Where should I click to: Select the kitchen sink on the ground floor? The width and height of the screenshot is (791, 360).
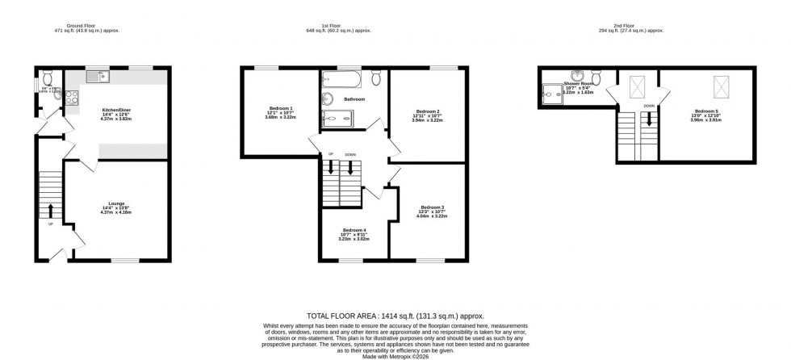coord(104,77)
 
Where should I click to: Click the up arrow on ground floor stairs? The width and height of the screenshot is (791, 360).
coord(52,211)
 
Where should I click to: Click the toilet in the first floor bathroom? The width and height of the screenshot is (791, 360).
coord(377,77)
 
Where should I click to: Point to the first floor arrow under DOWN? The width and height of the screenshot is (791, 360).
coord(350,169)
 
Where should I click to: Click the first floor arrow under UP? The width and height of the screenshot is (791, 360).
coord(330,169)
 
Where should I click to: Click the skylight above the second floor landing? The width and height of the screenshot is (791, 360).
coord(634,85)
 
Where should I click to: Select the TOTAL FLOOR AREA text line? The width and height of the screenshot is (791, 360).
coord(395,316)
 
